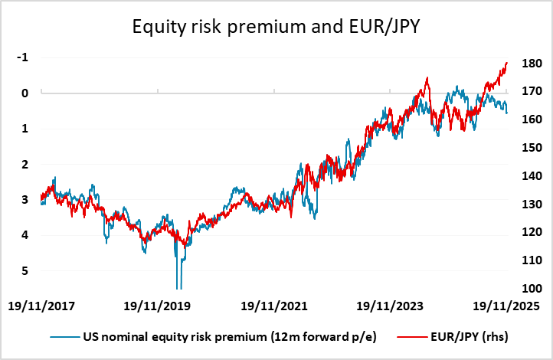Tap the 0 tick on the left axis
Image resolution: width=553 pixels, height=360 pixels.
tap(25, 93)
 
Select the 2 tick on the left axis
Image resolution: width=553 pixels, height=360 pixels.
tap(25, 164)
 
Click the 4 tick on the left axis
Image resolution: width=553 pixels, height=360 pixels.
tap(25, 235)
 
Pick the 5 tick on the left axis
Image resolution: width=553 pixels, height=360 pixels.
tap(25, 270)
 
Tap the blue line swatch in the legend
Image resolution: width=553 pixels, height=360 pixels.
tap(66, 337)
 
